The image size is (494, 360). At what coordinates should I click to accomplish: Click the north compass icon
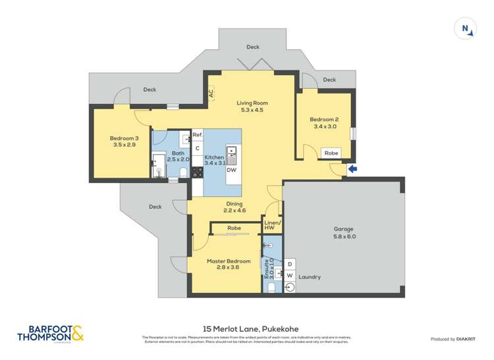point(465,28)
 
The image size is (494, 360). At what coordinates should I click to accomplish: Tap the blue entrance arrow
point(352,169)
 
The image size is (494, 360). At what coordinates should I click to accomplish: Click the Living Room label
point(252,107)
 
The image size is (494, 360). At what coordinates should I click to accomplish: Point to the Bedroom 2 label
point(324,123)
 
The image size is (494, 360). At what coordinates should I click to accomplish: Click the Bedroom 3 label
point(124,141)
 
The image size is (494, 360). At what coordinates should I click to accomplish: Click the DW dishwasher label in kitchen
point(231,170)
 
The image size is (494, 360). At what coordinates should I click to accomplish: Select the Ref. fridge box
point(197,135)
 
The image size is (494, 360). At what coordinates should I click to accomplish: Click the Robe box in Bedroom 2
point(331,152)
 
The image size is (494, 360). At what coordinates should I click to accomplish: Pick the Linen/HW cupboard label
point(273,225)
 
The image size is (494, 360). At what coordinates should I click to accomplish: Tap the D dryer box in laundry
point(290,264)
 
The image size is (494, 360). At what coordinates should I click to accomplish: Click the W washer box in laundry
point(290,276)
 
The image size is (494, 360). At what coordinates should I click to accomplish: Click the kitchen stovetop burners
point(197,172)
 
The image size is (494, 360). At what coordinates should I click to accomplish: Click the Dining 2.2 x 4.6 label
point(234,207)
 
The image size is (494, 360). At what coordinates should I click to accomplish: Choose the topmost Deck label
point(253,47)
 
